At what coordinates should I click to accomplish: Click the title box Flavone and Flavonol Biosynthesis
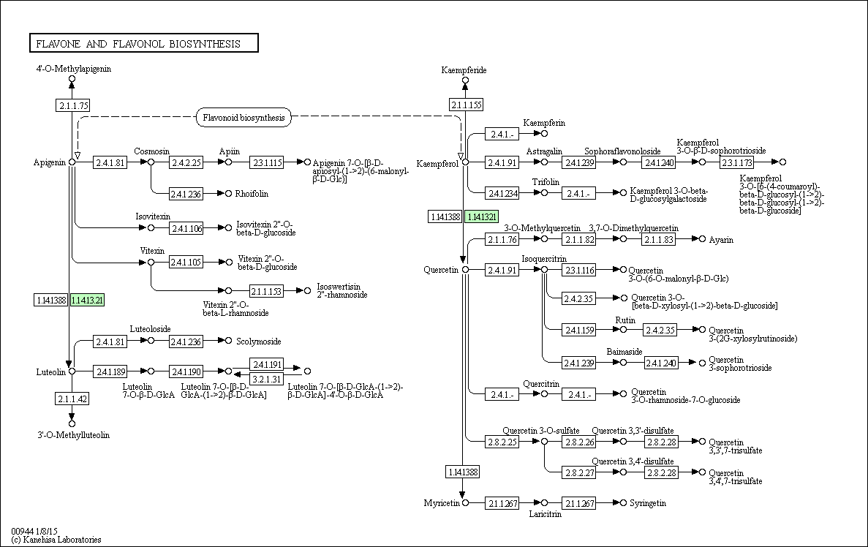pyautogui.click(x=144, y=43)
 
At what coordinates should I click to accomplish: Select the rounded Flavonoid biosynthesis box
pyautogui.click(x=244, y=118)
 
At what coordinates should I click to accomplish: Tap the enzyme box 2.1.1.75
pyautogui.click(x=72, y=105)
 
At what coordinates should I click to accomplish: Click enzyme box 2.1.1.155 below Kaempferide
pyautogui.click(x=466, y=105)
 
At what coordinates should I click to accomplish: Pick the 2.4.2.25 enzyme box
pyautogui.click(x=186, y=162)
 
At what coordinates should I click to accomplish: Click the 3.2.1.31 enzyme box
pyautogui.click(x=266, y=379)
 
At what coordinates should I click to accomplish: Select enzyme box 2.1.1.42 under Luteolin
pyautogui.click(x=72, y=399)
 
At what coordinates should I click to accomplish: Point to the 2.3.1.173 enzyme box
pyautogui.click(x=737, y=162)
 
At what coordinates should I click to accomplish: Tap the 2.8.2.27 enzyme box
pyautogui.click(x=579, y=472)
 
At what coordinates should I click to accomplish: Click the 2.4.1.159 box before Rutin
pyautogui.click(x=579, y=330)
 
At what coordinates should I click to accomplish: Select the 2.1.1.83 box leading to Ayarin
pyautogui.click(x=659, y=239)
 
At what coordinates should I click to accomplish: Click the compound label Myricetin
pyautogui.click(x=442, y=502)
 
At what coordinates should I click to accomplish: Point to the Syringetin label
pyautogui.click(x=648, y=503)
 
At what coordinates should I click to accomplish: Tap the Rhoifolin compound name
pyautogui.click(x=252, y=193)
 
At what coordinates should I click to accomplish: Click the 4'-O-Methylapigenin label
pyautogui.click(x=74, y=69)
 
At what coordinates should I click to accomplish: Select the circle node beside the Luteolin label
pyautogui.click(x=72, y=371)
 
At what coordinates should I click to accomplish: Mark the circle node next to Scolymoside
pyautogui.click(x=228, y=341)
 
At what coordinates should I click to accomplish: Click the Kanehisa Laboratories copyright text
pyautogui.click(x=56, y=539)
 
